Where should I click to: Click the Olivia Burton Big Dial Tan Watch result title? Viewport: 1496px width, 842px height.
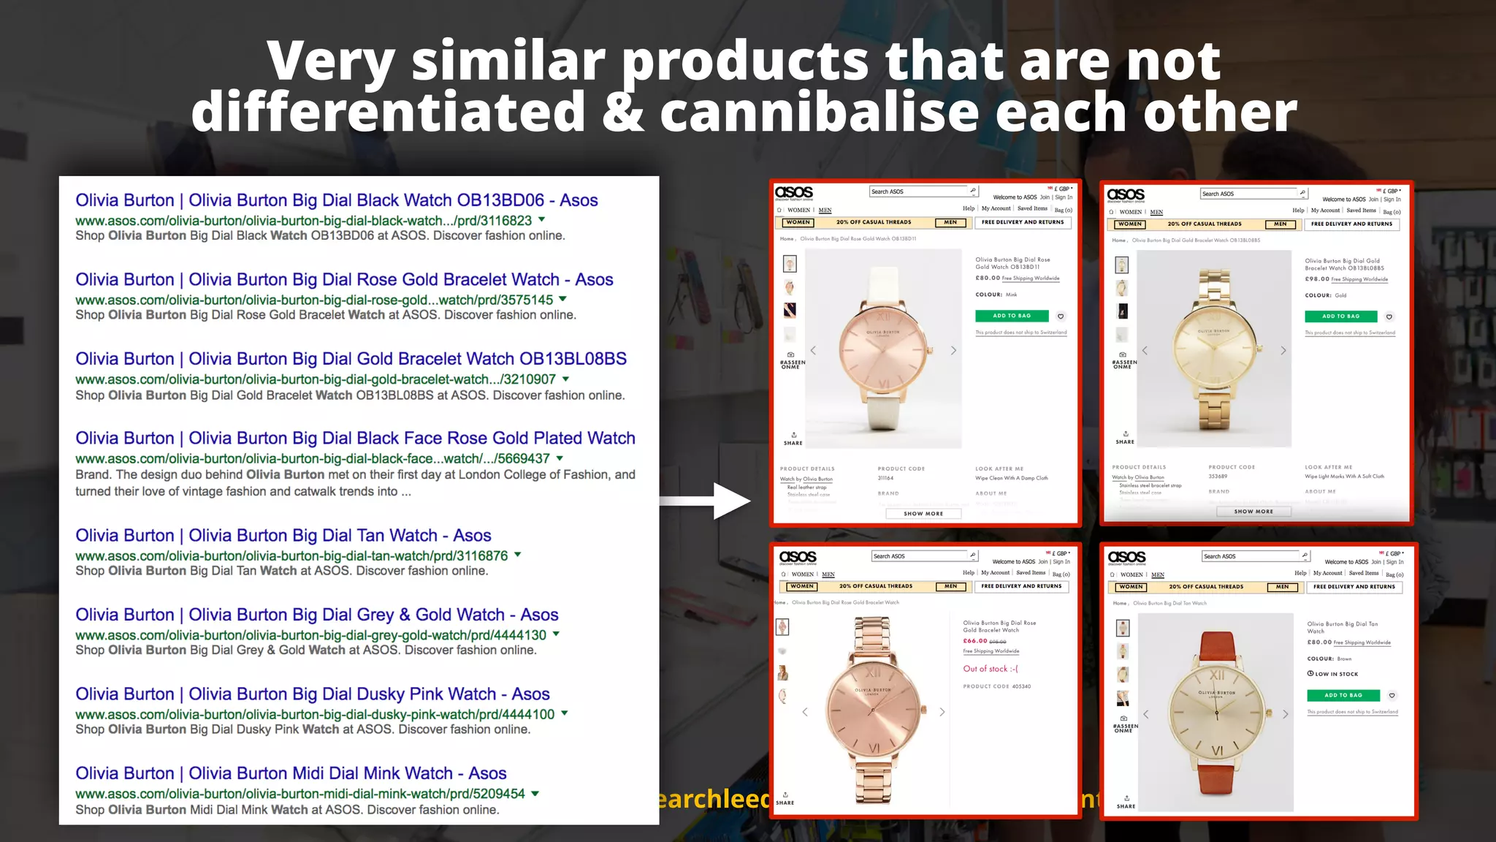[283, 536]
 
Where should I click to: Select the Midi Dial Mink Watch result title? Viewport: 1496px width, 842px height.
[290, 773]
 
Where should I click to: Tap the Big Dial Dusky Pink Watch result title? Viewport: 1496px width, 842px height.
[312, 694]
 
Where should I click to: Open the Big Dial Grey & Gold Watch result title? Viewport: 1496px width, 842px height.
[316, 615]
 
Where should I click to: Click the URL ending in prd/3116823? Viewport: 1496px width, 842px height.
[303, 221]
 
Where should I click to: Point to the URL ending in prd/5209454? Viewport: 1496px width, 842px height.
[299, 794]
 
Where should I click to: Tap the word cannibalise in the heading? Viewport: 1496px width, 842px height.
[819, 112]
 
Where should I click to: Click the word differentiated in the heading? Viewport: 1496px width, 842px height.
[388, 112]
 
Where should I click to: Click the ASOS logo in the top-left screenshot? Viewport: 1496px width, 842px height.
[794, 192]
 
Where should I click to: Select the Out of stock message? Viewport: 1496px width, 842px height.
[990, 669]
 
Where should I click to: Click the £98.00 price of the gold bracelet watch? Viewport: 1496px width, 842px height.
[1317, 279]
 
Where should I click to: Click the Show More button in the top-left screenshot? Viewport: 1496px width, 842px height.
[923, 514]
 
